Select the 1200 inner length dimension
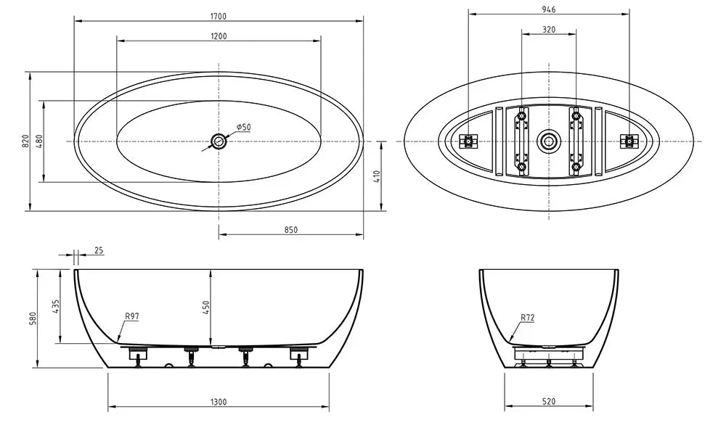(219, 36)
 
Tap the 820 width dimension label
(24, 141)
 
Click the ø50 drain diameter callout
(242, 127)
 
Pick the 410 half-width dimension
(378, 176)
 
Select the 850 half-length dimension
(290, 230)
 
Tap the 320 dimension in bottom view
(549, 30)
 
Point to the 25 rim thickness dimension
(99, 250)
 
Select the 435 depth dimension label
(56, 306)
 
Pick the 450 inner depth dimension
(205, 307)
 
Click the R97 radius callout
(131, 316)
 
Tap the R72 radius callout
(528, 317)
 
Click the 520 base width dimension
(549, 402)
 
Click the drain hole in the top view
(219, 141)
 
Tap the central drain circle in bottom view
(549, 141)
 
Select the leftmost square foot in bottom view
(469, 141)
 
